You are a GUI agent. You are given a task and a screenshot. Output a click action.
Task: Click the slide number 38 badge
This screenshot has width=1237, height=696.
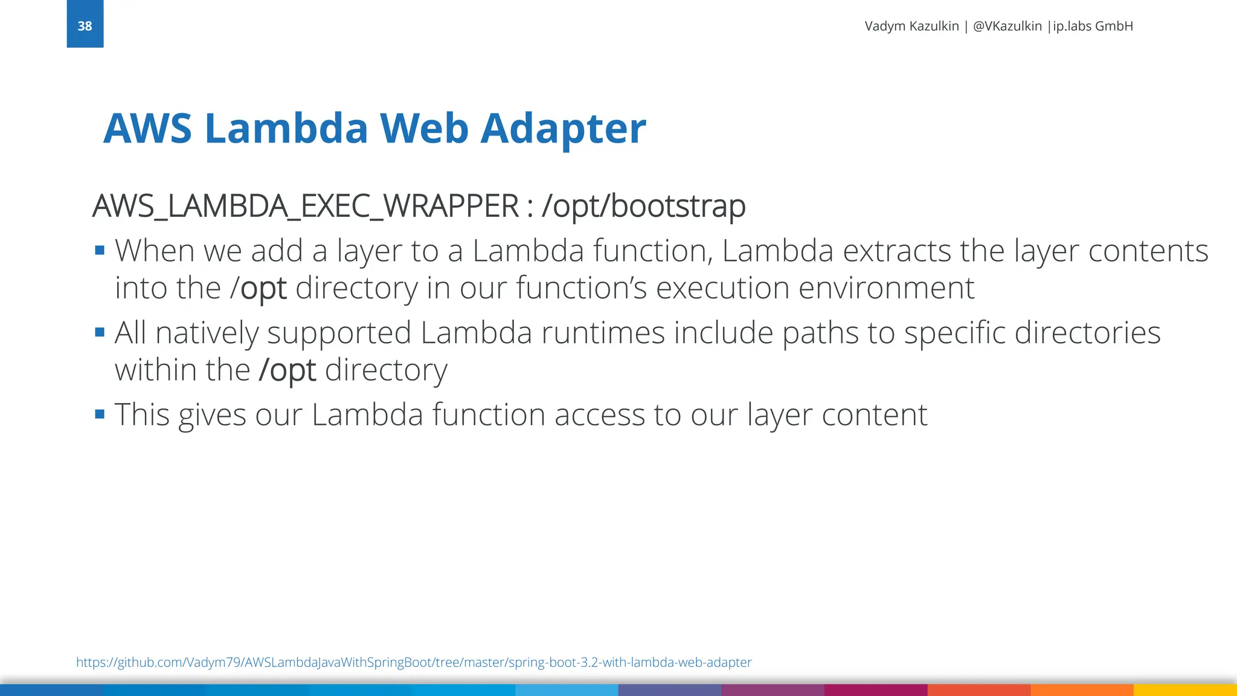pos(85,25)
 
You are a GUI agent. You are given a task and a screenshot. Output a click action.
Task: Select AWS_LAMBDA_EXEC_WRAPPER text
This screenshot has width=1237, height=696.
pos(305,206)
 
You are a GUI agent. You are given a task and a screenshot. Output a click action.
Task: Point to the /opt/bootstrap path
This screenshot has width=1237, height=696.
pos(643,206)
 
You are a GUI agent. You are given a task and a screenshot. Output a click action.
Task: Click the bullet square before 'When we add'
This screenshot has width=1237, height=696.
pos(100,250)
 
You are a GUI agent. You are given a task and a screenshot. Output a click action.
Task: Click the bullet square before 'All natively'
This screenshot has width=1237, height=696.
pos(100,332)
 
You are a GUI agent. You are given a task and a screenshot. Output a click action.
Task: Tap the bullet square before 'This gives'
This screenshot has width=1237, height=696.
pos(100,414)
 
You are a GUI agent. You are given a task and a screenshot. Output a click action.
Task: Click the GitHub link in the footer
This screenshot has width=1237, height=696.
pos(414,662)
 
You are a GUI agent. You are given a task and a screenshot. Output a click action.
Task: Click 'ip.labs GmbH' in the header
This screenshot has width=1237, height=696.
pos(1093,26)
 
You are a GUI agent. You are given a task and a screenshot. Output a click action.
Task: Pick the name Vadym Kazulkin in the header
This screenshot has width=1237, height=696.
pos(911,26)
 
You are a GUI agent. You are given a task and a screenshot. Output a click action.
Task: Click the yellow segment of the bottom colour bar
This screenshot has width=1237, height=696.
pos(1185,689)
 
